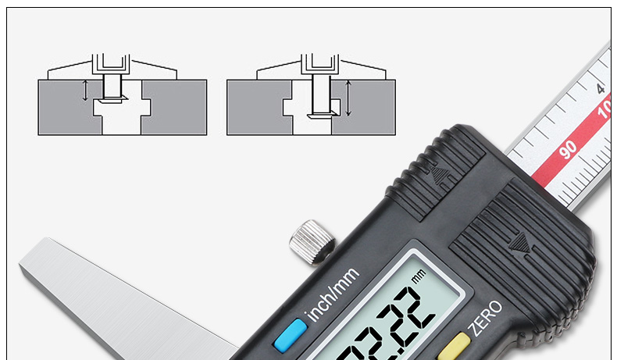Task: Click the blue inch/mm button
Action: click(x=291, y=335)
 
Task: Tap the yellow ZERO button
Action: click(x=453, y=347)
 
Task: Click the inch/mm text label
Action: click(x=333, y=294)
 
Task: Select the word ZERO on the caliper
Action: click(x=486, y=318)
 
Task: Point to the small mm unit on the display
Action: click(x=419, y=276)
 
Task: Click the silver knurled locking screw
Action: click(x=312, y=243)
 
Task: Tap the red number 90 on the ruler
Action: click(x=568, y=149)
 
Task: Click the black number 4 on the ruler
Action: click(x=601, y=88)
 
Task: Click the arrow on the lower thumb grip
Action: click(x=520, y=243)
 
